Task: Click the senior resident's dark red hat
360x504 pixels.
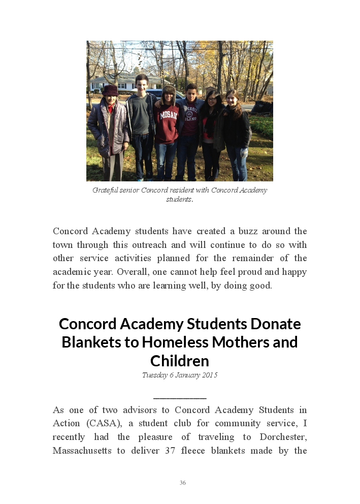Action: (x=110, y=90)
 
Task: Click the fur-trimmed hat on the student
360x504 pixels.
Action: (x=168, y=91)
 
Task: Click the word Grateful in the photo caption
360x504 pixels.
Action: (x=105, y=190)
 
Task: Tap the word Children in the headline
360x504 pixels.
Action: (x=180, y=361)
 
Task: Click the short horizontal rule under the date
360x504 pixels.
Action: (x=180, y=398)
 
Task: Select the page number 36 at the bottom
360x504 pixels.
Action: (x=183, y=483)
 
